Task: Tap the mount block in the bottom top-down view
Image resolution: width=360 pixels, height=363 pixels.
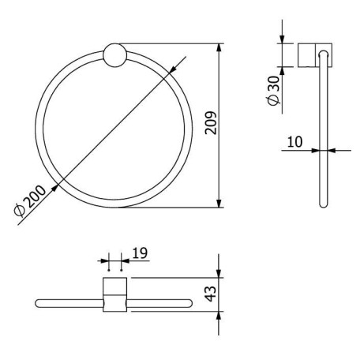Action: coord(114,294)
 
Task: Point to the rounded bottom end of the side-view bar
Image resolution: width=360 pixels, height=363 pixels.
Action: coord(322,204)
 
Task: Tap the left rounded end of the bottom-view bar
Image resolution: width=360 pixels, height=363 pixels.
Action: coord(39,303)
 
